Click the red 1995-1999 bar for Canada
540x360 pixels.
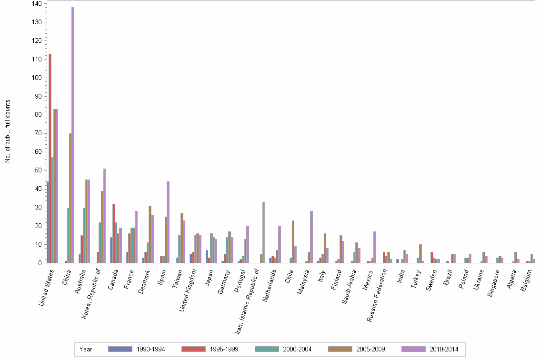click(114, 233)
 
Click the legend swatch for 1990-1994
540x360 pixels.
click(120, 349)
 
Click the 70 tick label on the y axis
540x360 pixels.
click(38, 133)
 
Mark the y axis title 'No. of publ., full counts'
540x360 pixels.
click(8, 131)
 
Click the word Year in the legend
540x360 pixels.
click(86, 349)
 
